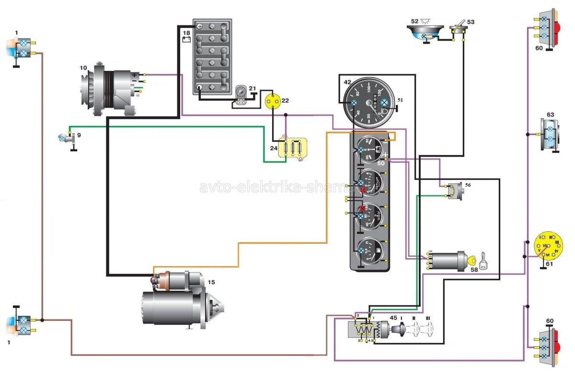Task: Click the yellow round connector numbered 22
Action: click(x=273, y=101)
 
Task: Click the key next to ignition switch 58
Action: click(x=483, y=260)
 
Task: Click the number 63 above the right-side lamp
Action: click(x=550, y=115)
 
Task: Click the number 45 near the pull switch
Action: click(x=393, y=317)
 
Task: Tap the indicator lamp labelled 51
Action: click(x=384, y=102)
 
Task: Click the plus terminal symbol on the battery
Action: click(x=200, y=27)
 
